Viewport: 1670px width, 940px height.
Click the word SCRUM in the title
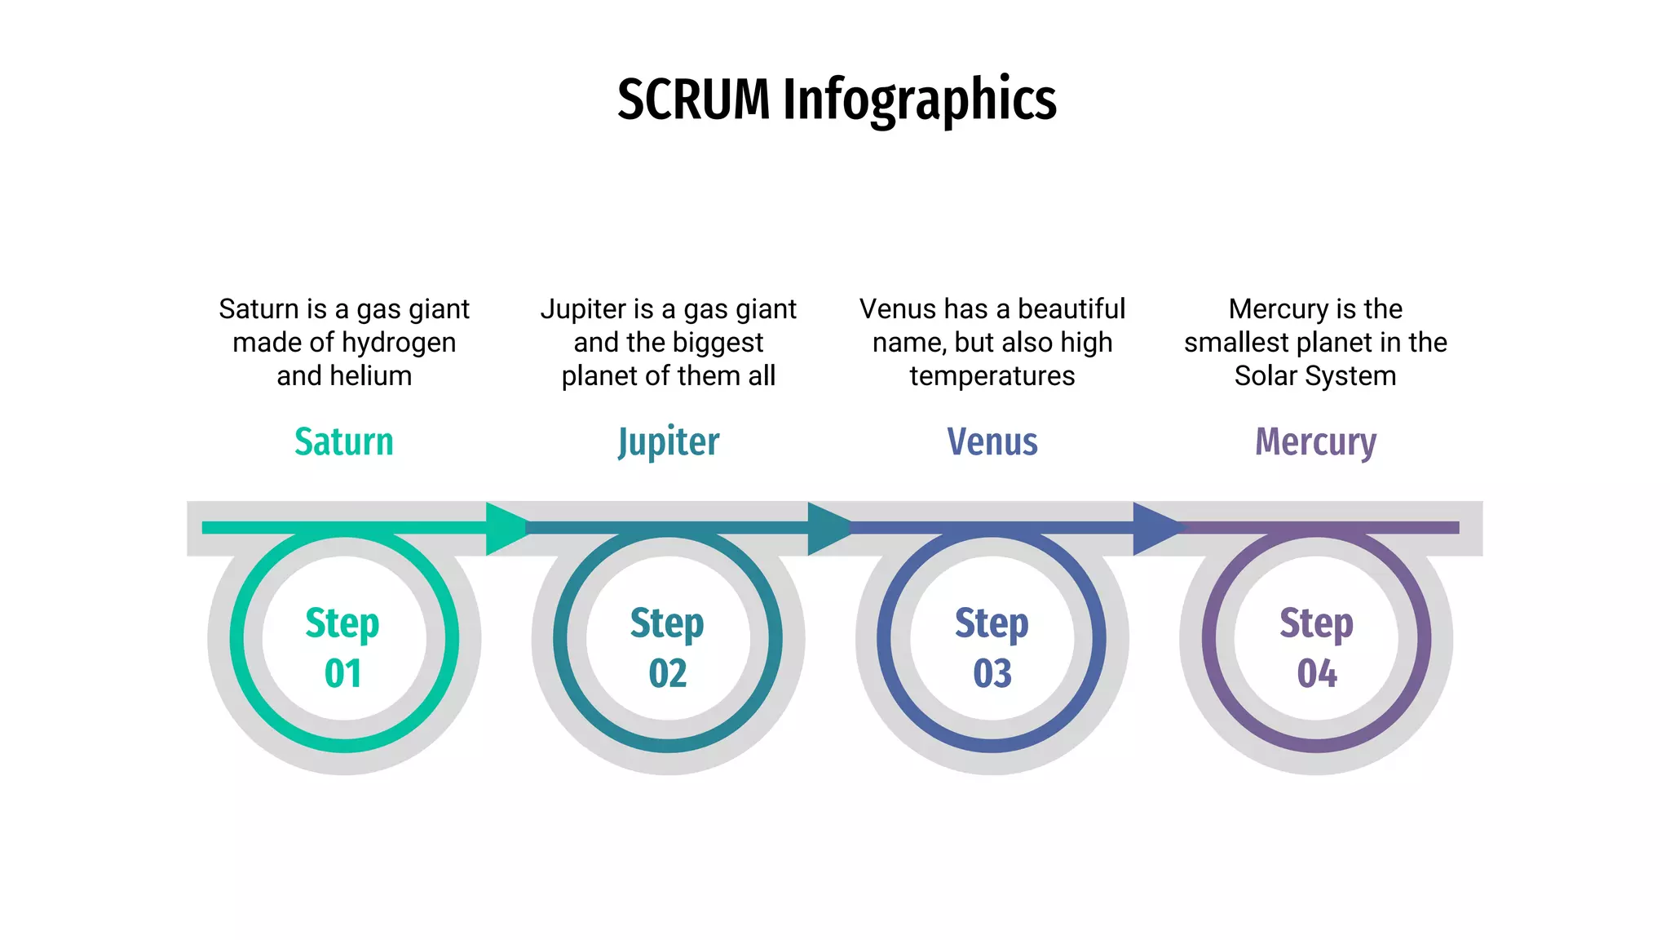coord(693,100)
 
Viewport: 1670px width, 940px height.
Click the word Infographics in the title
coord(919,100)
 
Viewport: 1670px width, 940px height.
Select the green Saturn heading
coord(343,441)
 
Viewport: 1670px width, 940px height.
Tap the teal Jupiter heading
coord(668,442)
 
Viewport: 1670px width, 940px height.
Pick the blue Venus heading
coord(992,441)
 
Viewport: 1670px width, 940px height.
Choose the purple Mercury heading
coord(1315,442)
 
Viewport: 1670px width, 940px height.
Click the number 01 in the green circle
coord(342,673)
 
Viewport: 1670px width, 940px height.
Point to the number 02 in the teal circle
coord(667,673)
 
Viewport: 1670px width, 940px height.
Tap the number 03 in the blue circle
coord(992,673)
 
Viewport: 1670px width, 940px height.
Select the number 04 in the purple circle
coord(1316,673)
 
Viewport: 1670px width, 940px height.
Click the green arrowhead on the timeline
coord(506,528)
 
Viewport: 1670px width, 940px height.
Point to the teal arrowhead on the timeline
coord(828,528)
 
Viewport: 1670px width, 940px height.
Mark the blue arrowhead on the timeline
coord(1153,528)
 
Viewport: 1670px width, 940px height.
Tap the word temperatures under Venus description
coord(992,375)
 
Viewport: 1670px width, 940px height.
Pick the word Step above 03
coord(992,623)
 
